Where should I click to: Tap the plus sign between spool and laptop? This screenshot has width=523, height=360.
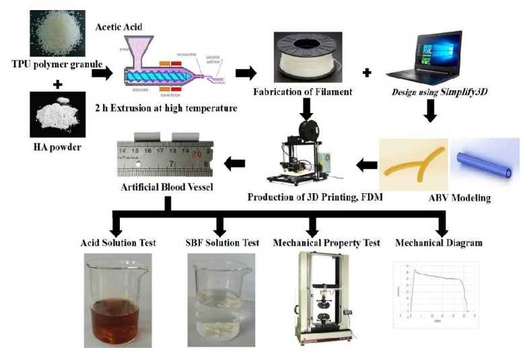[x=367, y=71]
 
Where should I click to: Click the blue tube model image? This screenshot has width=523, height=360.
[x=484, y=163]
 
